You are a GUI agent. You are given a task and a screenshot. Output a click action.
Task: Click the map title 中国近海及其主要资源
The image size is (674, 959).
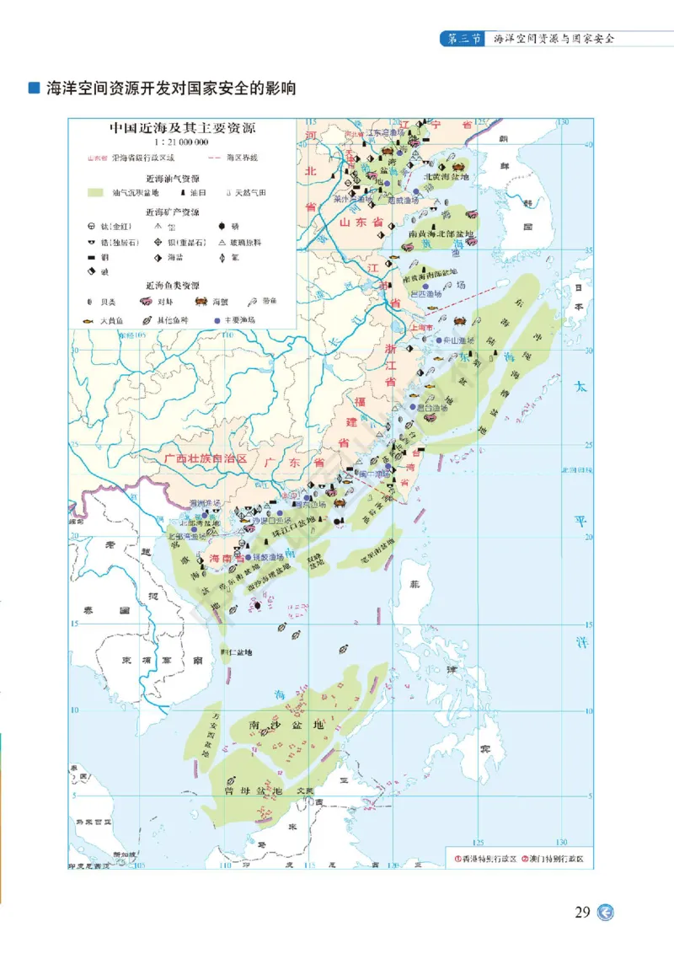coord(183,129)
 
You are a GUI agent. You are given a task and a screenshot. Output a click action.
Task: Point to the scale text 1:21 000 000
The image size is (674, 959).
coord(183,142)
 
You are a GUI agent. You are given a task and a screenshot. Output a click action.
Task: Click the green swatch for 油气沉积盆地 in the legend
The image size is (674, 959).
coord(96,193)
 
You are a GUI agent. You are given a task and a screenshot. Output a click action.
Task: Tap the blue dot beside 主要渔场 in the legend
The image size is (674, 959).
coord(217,321)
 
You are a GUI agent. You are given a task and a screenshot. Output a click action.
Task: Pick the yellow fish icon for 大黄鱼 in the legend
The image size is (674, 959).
coord(88,321)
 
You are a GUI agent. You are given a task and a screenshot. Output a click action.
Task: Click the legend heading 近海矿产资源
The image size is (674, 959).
coord(173,212)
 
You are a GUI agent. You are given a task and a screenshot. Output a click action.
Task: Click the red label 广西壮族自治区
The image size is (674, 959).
coord(206,459)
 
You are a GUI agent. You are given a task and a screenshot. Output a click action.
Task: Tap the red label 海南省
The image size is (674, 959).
coord(227,558)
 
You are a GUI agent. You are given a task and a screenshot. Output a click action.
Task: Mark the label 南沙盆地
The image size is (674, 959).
coord(285,725)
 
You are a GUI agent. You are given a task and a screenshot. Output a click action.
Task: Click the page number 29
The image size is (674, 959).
coord(582,913)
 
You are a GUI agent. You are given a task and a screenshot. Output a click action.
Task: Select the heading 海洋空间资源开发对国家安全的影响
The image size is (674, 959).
coord(171,88)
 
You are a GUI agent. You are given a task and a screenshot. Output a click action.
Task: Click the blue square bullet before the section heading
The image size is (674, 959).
coord(35,88)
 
